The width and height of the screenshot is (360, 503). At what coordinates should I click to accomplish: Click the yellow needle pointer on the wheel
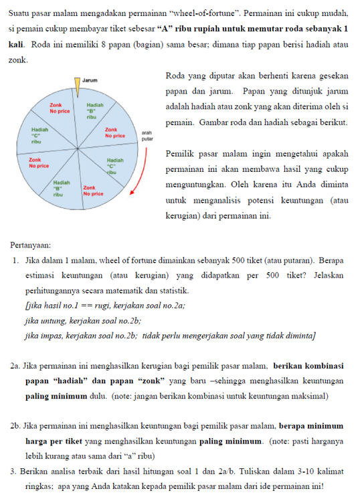(x=78, y=85)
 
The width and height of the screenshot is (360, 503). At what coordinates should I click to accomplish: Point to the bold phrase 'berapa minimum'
(x=311, y=425)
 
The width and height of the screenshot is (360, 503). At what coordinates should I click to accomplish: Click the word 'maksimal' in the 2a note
(x=311, y=395)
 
